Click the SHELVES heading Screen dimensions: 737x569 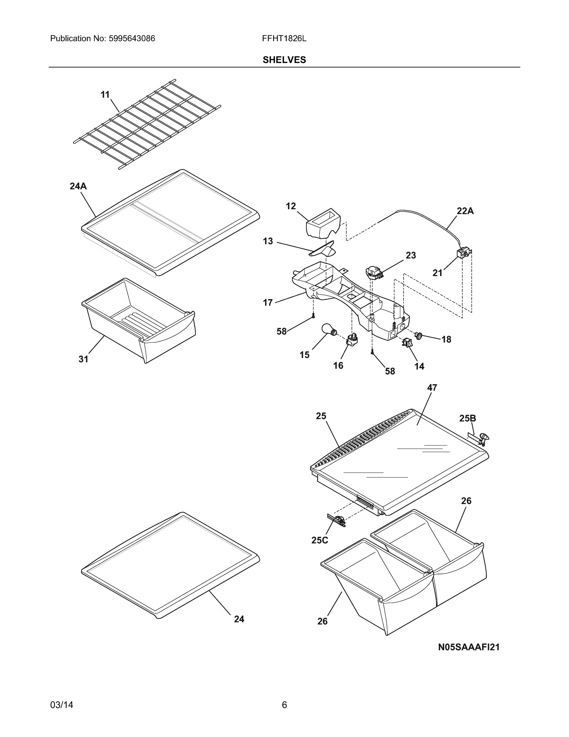click(x=284, y=60)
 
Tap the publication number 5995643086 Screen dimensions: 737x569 click(x=132, y=38)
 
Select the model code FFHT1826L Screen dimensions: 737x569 click(x=284, y=38)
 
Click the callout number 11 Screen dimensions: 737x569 click(x=105, y=95)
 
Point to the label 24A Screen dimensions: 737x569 click(x=78, y=186)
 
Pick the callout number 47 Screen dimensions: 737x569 click(x=432, y=388)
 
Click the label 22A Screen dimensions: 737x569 click(x=465, y=211)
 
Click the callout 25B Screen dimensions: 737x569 click(x=467, y=418)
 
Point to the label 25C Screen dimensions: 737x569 click(x=320, y=540)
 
